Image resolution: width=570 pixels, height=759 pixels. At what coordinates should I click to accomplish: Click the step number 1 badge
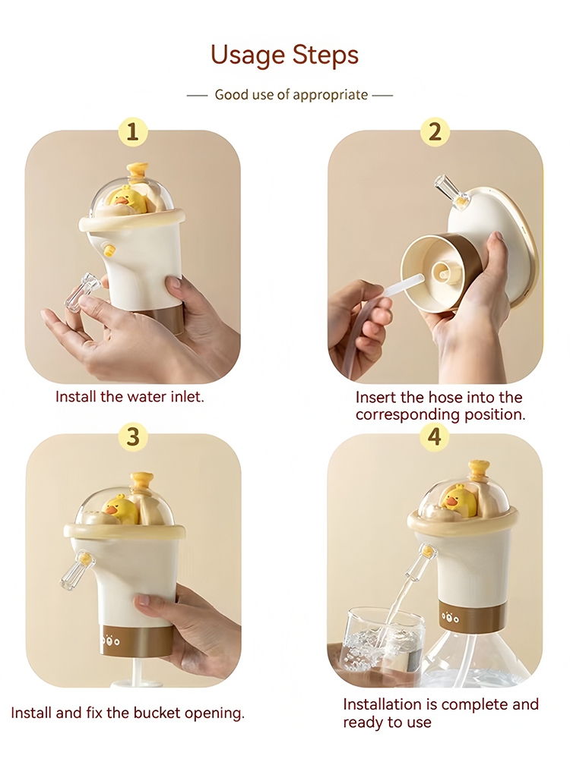click(x=132, y=131)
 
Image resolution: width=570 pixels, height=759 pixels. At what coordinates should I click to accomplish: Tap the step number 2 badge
click(x=435, y=131)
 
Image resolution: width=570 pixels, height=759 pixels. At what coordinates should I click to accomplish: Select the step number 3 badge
click(x=133, y=436)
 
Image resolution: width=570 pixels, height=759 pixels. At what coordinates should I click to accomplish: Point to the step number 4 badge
click(x=434, y=436)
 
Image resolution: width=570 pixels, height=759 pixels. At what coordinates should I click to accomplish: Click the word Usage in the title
click(x=246, y=55)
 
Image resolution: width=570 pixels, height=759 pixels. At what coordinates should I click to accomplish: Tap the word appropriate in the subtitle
click(x=330, y=95)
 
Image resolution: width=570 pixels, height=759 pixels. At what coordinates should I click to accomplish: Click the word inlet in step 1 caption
click(x=187, y=396)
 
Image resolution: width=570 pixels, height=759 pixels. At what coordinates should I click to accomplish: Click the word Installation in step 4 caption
click(x=383, y=704)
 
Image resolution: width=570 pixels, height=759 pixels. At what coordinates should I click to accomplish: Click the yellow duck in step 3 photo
click(x=121, y=509)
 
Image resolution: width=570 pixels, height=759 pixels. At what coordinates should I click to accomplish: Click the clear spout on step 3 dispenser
click(x=76, y=572)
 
